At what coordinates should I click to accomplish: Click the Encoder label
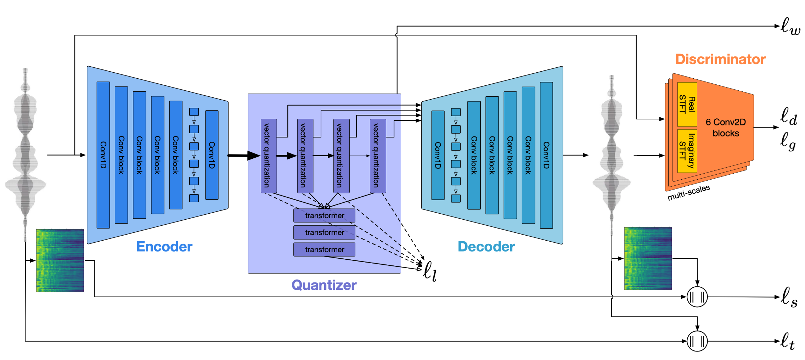[x=164, y=247]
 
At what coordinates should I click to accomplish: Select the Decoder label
[x=486, y=247]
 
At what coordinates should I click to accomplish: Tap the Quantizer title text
[x=324, y=285]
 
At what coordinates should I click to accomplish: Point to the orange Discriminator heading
[x=720, y=59]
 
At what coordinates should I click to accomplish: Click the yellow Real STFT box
[x=687, y=104]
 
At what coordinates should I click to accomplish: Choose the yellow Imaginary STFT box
[x=687, y=151]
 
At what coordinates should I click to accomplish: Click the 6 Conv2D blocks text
[x=726, y=128]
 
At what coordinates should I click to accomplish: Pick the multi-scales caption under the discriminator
[x=688, y=192]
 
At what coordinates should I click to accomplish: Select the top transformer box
[x=324, y=215]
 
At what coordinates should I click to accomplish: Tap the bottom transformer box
[x=324, y=249]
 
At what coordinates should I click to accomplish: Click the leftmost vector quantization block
[x=269, y=156]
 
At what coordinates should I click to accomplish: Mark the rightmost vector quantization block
[x=378, y=156]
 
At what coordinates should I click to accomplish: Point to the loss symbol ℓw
[x=790, y=27]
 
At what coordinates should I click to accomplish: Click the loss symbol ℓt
[x=788, y=341]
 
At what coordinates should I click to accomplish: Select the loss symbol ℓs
[x=789, y=297]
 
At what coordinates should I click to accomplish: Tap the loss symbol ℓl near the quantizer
[x=430, y=271]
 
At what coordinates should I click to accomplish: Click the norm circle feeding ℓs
[x=697, y=297]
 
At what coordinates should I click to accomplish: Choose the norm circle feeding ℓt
[x=697, y=341]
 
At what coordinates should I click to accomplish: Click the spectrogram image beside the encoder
[x=60, y=260]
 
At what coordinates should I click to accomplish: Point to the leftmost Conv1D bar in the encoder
[x=103, y=155]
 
